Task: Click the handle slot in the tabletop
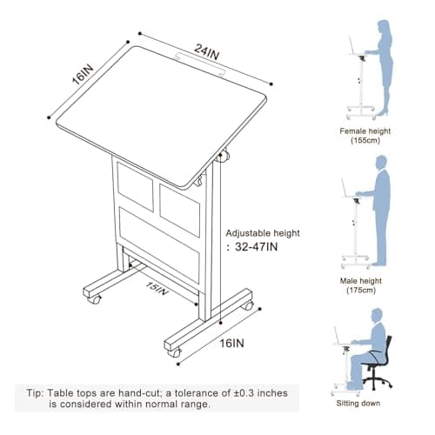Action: coord(197,57)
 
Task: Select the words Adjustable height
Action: coord(263,232)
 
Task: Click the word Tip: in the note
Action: coord(27,392)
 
